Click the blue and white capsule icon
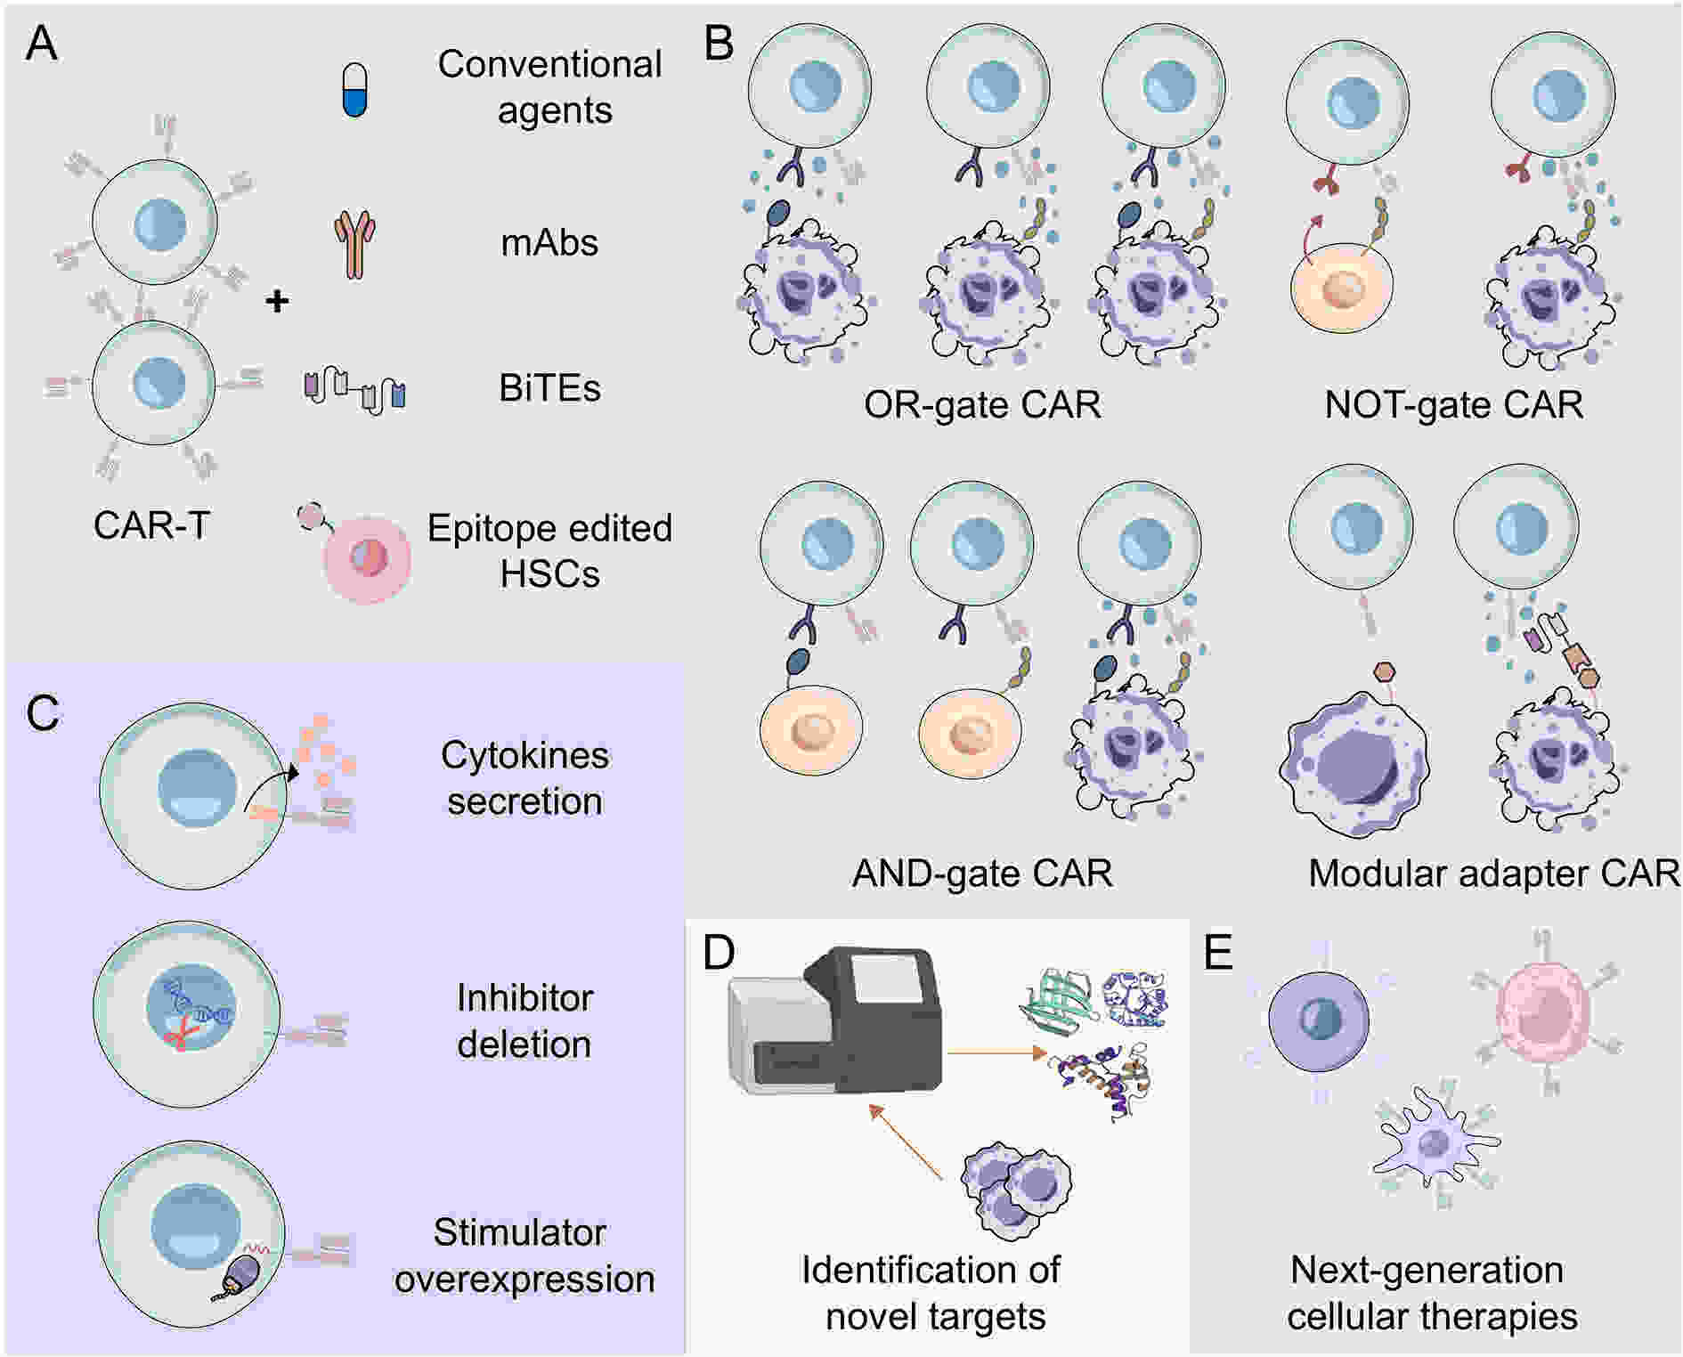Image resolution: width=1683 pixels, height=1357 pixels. coord(354,90)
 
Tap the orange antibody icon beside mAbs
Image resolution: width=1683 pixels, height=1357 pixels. coord(354,244)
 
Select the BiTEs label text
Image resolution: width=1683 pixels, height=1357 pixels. coord(549,388)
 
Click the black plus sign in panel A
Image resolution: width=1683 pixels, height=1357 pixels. coord(278,301)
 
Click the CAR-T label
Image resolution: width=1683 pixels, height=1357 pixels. coord(151,525)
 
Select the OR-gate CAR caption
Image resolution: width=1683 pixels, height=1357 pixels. coord(982,405)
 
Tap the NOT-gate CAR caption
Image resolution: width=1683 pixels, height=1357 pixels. coord(1453,405)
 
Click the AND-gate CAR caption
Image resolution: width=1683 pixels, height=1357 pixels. coord(982,874)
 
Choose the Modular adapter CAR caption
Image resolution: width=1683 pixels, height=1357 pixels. coord(1493,874)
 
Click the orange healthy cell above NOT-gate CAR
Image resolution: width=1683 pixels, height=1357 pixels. coord(1341,288)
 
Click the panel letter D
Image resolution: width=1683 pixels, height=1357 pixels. coord(719,952)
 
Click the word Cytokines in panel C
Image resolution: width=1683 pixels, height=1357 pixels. coord(524,756)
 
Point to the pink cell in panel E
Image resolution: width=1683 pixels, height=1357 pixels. coord(1545,1014)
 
